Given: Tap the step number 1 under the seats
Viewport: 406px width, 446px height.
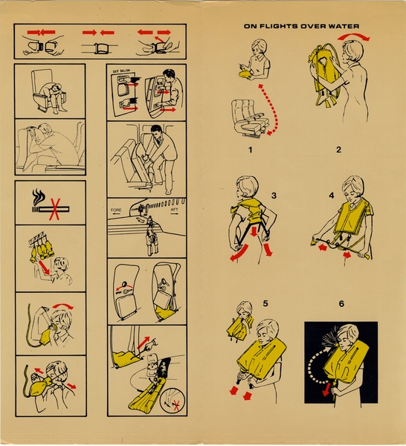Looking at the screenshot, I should [251, 149].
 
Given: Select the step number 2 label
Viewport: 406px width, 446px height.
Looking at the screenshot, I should [338, 149].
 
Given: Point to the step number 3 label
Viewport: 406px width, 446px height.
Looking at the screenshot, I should [274, 196].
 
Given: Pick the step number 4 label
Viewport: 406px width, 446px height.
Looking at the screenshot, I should [332, 196].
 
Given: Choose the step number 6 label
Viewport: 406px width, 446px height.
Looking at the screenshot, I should [341, 304].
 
